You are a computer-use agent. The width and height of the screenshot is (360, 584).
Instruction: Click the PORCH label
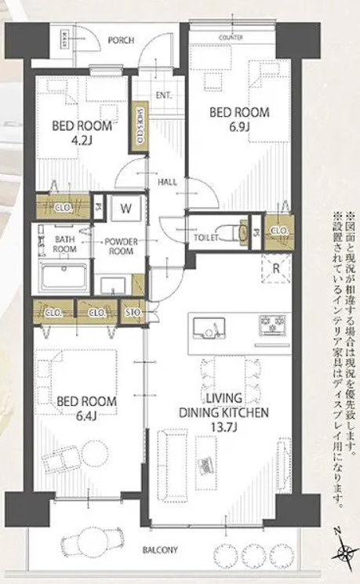(x=120, y=40)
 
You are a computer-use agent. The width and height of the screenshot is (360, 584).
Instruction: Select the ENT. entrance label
(x=164, y=96)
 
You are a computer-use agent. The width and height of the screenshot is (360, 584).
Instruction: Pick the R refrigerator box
(x=277, y=268)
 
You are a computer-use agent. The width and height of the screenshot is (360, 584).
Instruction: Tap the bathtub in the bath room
(x=64, y=278)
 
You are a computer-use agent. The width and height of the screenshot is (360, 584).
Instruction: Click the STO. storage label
(x=133, y=314)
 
